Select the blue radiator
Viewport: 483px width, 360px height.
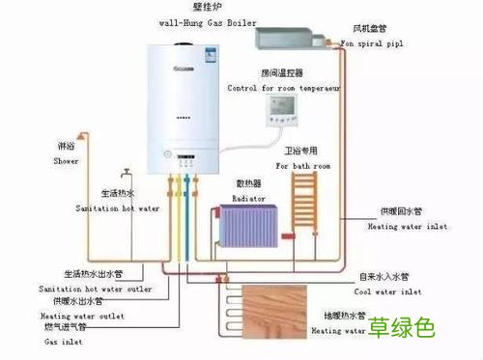coord(246,229)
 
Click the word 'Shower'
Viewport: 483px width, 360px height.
coord(66,160)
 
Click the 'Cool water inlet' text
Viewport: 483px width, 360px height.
coord(386,291)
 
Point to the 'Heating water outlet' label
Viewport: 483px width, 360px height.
coord(82,316)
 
